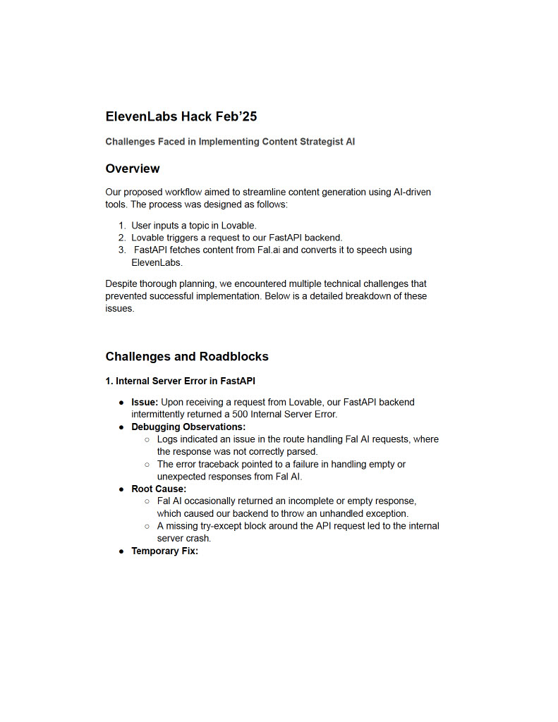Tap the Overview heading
coord(133,169)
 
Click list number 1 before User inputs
coord(121,226)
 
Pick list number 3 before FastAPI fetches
coord(121,250)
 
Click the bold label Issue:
coord(145,402)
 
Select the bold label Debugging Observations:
coord(188,427)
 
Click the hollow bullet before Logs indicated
coord(147,439)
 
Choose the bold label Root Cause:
coord(159,489)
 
